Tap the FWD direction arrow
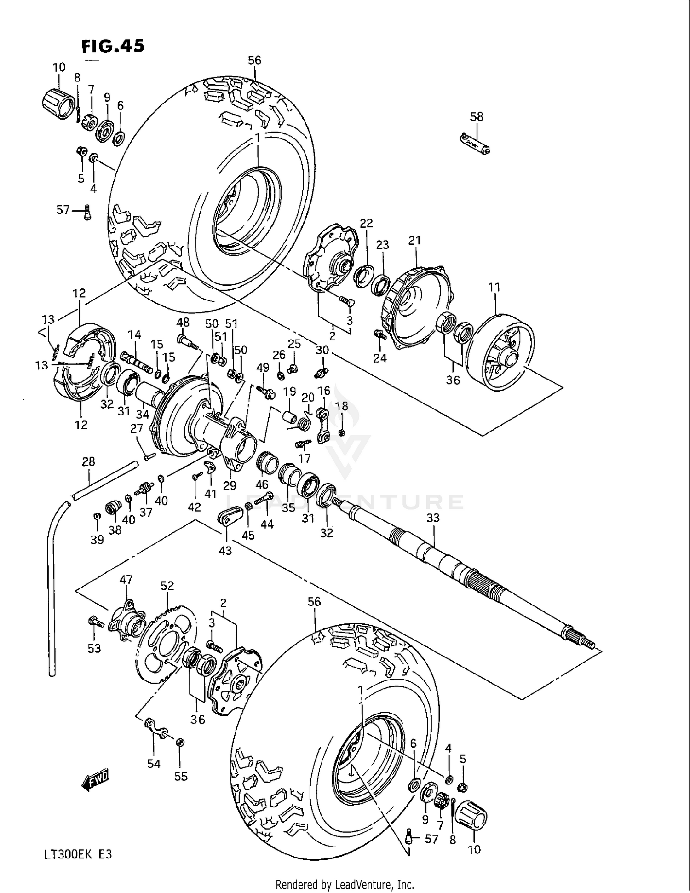click(96, 781)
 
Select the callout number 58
click(477, 117)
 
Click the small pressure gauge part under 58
click(476, 143)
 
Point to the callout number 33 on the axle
click(433, 518)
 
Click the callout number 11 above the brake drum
click(494, 288)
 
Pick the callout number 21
click(414, 241)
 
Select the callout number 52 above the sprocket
click(167, 586)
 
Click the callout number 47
click(126, 579)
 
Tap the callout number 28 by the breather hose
click(88, 461)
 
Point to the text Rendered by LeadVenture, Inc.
click(345, 884)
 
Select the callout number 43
click(225, 550)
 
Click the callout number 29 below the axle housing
click(230, 485)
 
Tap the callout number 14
click(134, 334)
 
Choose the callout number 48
click(183, 323)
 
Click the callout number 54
click(154, 764)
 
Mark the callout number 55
click(181, 777)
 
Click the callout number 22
click(366, 223)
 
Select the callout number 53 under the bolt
click(94, 648)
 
